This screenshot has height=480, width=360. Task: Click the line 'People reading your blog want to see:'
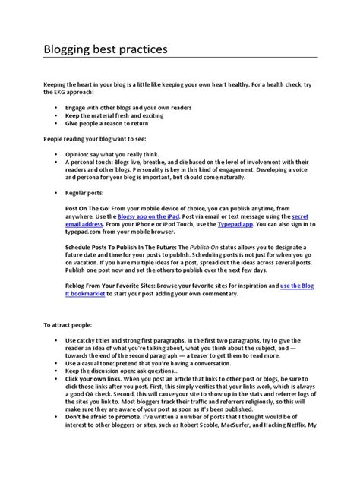pyautogui.click(x=91, y=141)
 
